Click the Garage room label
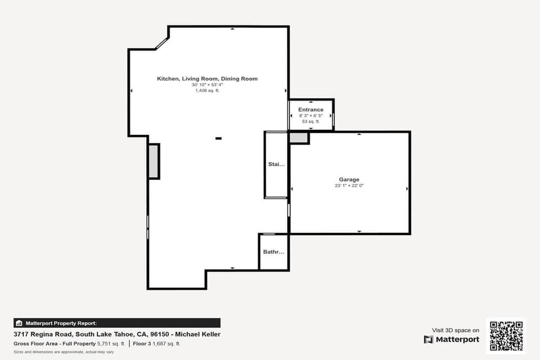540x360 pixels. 349,179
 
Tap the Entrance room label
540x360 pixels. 310,110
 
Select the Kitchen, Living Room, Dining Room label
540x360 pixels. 207,79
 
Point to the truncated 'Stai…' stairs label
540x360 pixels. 276,165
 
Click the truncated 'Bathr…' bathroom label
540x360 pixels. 274,252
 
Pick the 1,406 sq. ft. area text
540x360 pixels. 207,91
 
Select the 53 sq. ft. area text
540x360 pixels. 310,121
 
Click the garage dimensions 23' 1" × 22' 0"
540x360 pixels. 349,186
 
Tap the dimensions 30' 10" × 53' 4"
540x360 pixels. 207,85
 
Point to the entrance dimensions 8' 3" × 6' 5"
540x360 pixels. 310,116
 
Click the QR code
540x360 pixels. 506,336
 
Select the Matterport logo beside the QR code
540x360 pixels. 452,339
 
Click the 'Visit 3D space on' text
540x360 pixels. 456,330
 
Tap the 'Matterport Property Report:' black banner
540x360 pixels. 117,323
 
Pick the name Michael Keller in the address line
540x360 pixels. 198,334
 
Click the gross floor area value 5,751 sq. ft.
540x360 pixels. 111,343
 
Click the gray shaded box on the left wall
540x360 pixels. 154,161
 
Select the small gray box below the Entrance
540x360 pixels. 299,137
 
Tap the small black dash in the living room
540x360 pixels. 218,138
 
